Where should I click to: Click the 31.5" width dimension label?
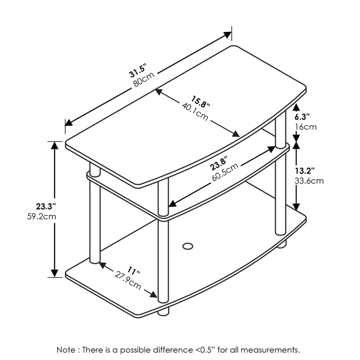coord(139,72)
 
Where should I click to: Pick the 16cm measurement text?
coord(306,127)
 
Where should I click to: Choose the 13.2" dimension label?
coord(305,171)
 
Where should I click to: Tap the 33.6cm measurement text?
coord(309,181)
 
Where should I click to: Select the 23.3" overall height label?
coord(45,207)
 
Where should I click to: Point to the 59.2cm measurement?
coord(41,216)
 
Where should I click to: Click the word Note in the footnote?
coord(66,350)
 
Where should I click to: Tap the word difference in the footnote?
coord(177,350)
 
